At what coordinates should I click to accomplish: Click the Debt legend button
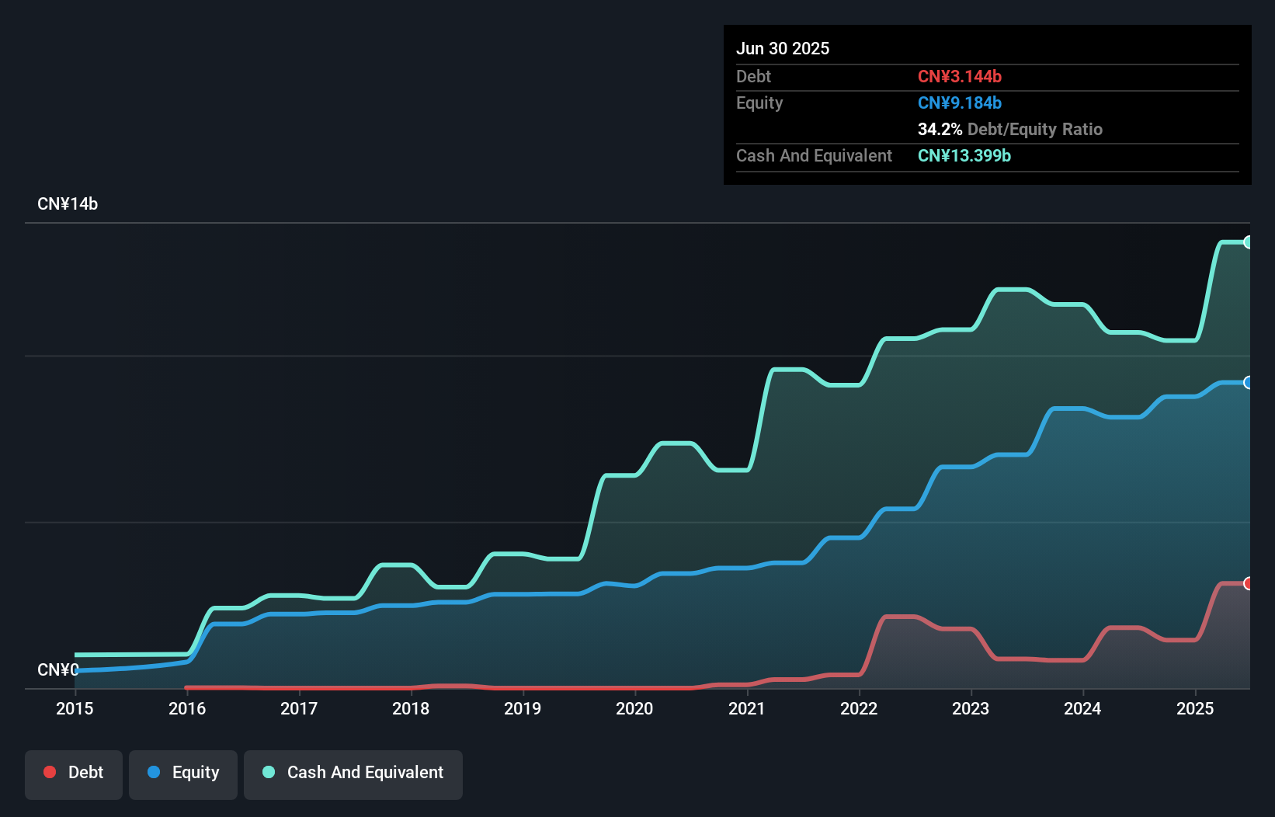coord(74,774)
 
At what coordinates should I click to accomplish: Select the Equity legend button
coord(183,774)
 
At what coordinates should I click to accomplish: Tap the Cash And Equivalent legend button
coord(353,774)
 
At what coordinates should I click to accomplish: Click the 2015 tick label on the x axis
coord(75,708)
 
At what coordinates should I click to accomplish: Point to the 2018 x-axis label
coord(411,708)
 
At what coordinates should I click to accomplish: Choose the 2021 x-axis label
coord(747,708)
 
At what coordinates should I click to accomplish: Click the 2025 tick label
coord(1195,708)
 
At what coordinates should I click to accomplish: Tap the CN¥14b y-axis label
coord(68,204)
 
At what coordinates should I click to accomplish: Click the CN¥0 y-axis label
coord(57,669)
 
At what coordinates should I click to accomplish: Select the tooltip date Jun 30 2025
coord(783,48)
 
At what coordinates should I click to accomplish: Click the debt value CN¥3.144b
coord(960,76)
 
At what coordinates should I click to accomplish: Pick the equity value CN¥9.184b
coord(960,103)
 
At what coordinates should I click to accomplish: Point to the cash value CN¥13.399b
coord(964,155)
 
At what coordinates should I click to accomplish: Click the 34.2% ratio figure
coord(940,129)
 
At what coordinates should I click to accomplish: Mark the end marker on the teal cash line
coord(1248,242)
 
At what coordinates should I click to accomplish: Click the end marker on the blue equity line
coord(1248,382)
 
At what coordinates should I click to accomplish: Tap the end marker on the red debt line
coord(1248,583)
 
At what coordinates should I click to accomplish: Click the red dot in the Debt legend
coord(50,772)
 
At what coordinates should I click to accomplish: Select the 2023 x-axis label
coord(971,708)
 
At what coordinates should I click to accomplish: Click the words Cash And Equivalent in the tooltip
coord(814,155)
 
